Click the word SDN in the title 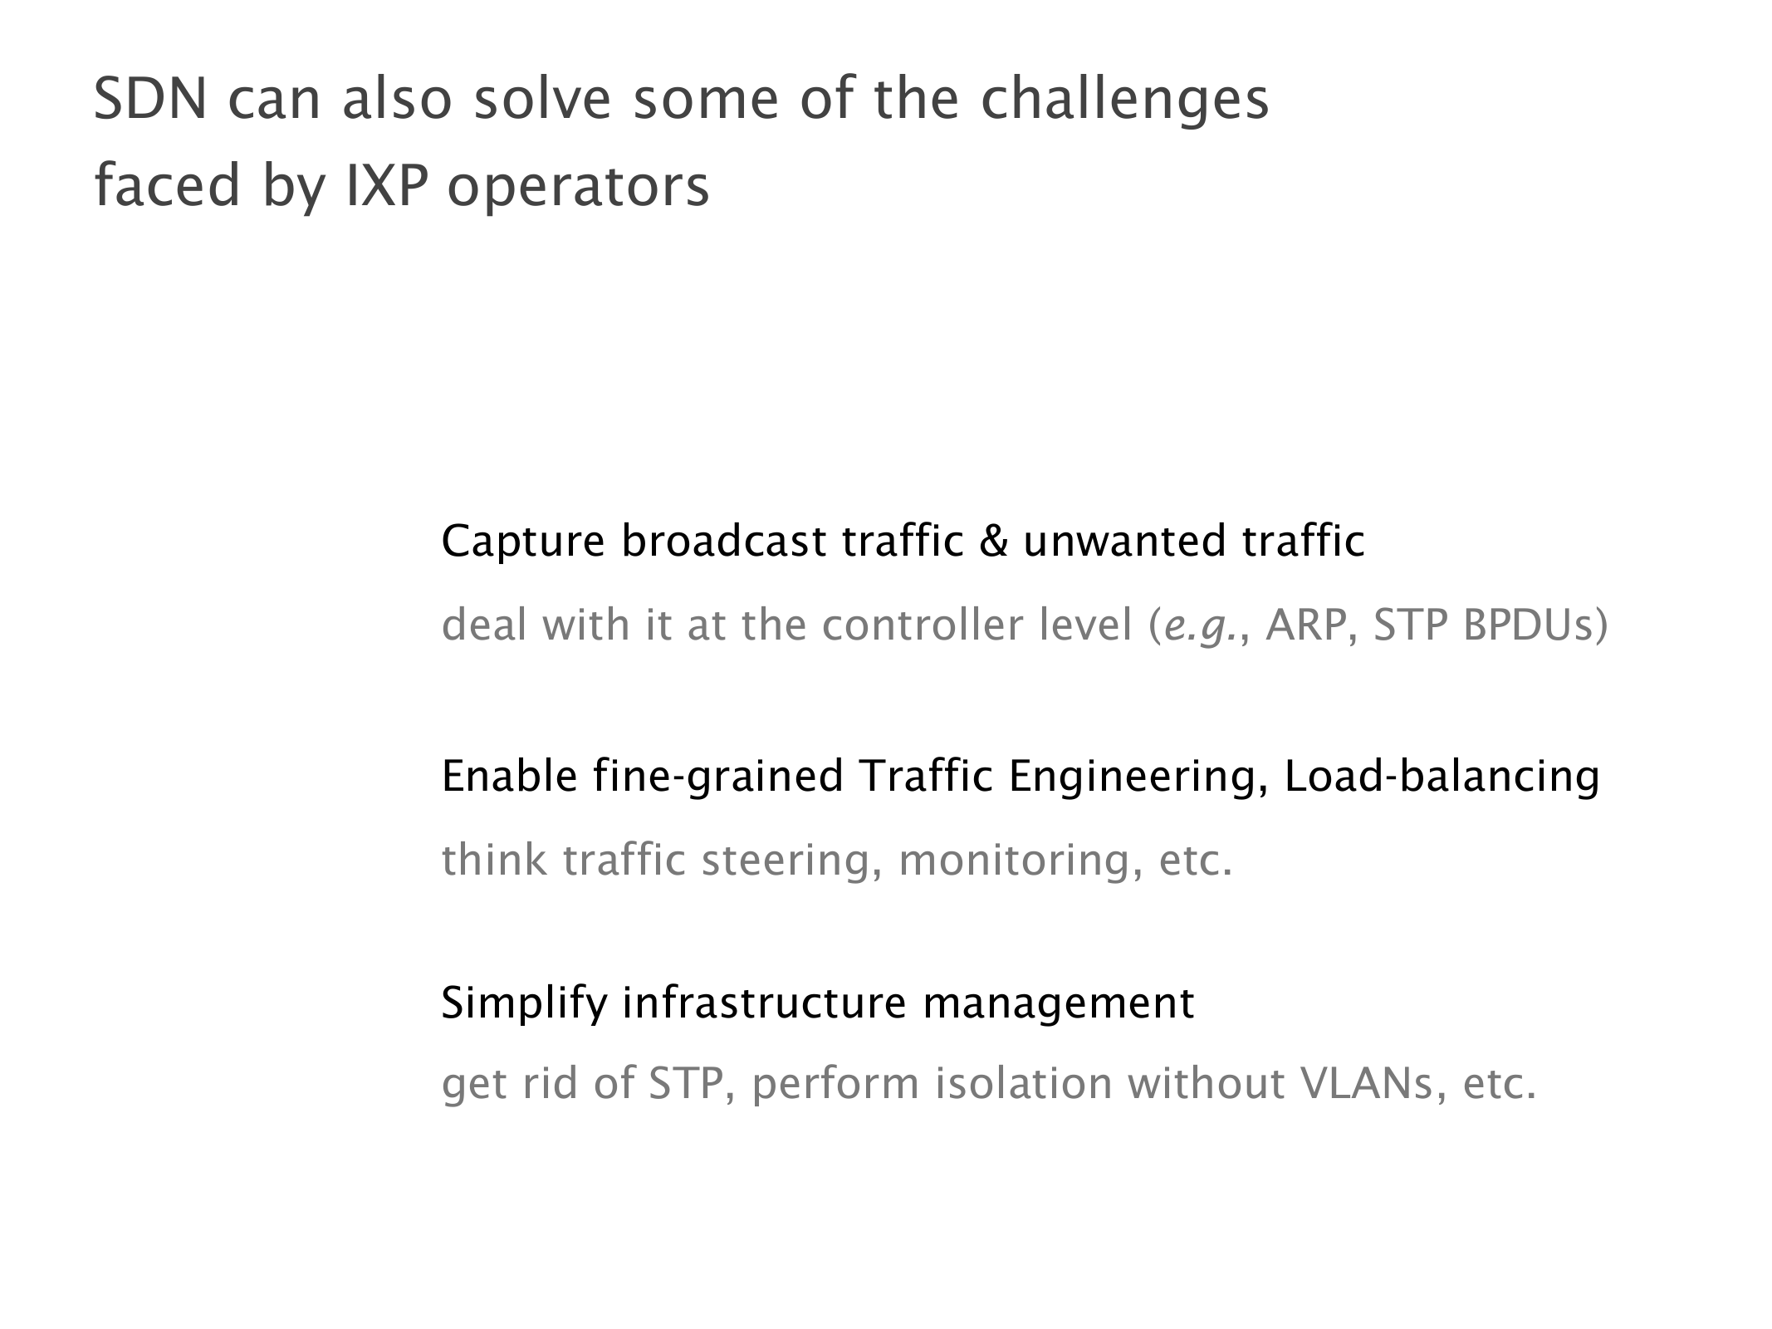click(149, 99)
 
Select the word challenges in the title click(1125, 101)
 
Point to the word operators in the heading click(578, 189)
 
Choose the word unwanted click(1124, 542)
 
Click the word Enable click(509, 776)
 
